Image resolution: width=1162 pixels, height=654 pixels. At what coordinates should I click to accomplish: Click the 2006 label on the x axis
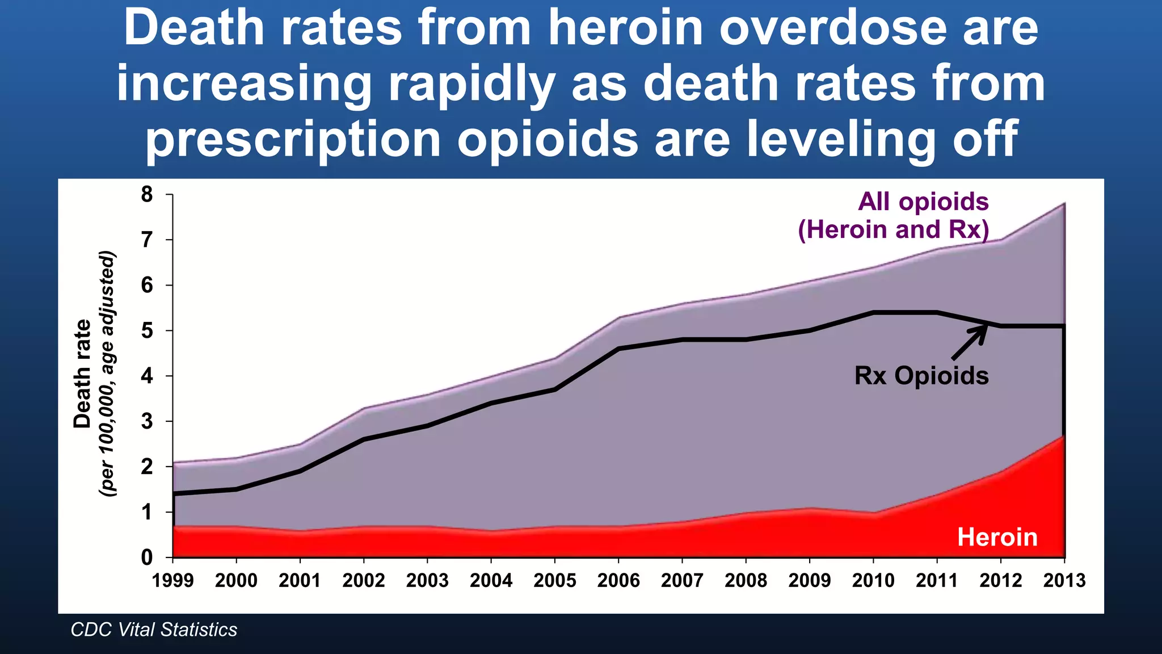click(x=618, y=580)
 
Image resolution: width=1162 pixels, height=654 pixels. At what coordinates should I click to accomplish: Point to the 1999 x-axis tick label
click(x=173, y=580)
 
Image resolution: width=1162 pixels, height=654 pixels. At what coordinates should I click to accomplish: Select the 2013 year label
click(x=1064, y=580)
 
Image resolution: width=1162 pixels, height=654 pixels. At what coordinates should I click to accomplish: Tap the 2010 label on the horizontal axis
click(x=873, y=580)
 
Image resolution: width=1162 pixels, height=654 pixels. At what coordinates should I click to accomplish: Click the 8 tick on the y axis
click(x=147, y=195)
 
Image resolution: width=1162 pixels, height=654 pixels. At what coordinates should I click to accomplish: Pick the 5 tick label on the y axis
click(x=147, y=330)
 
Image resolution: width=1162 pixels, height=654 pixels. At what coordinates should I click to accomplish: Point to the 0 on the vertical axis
click(x=147, y=557)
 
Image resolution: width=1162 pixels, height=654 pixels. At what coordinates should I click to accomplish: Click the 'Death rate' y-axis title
click(x=83, y=374)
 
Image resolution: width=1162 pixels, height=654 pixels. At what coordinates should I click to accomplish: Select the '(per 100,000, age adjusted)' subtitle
click(x=107, y=374)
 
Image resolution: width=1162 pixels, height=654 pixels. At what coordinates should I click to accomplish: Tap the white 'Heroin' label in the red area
click(x=997, y=537)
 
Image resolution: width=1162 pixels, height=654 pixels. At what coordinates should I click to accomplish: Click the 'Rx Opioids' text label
click(x=921, y=376)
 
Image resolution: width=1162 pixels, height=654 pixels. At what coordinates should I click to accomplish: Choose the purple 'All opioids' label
click(x=923, y=202)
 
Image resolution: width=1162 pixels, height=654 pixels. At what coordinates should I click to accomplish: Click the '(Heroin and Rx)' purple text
click(x=894, y=230)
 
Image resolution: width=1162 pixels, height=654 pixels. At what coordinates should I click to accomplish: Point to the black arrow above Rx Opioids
click(x=970, y=342)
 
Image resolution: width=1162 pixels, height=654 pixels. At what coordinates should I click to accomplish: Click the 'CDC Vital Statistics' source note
click(x=154, y=630)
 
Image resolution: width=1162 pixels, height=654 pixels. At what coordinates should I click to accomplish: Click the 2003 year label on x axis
click(x=427, y=580)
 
